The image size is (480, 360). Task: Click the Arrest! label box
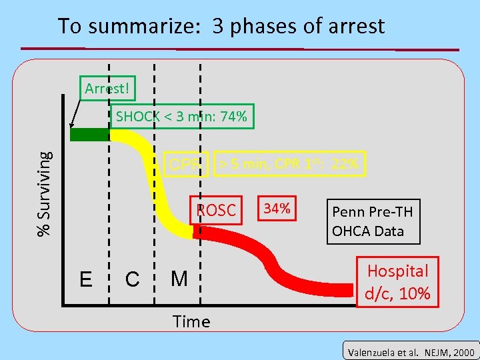tap(107, 89)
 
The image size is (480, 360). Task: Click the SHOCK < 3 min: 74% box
tap(181, 117)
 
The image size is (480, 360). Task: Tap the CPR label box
tap(185, 164)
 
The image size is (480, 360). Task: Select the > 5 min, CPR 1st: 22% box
tap(289, 163)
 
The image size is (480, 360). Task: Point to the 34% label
tap(277, 209)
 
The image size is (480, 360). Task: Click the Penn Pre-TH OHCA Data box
tap(373, 221)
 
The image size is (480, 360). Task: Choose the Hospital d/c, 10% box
tap(398, 281)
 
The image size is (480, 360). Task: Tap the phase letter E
tap(86, 279)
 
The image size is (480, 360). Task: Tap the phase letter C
tap(132, 279)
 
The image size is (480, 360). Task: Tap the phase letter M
tap(179, 278)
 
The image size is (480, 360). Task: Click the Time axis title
tap(191, 322)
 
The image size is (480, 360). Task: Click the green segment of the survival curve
tap(89, 135)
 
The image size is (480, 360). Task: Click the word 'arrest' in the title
tap(356, 27)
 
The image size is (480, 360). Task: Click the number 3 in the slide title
tap(218, 27)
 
